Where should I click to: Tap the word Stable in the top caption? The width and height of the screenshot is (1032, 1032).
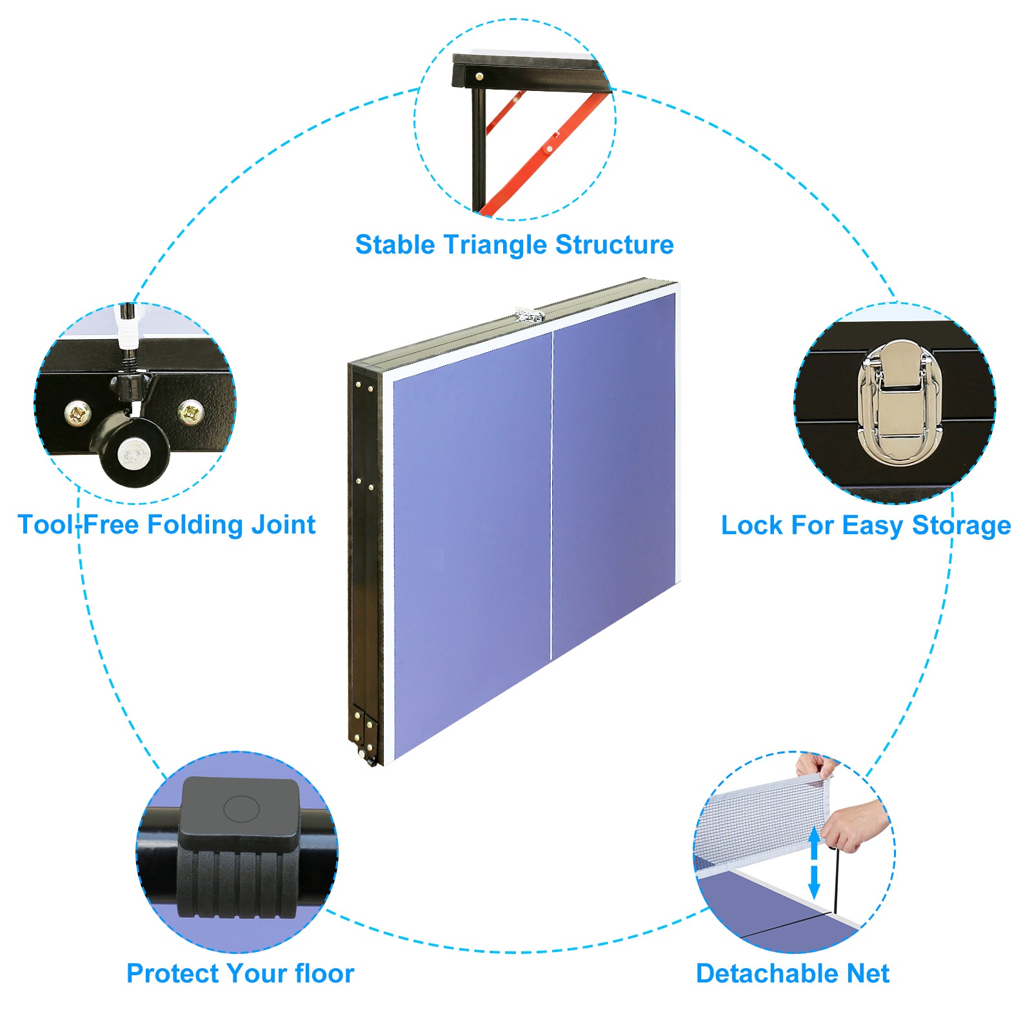pyautogui.click(x=394, y=245)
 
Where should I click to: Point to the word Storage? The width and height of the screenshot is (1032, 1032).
pyautogui.click(x=961, y=526)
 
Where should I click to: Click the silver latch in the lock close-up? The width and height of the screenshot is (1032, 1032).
pyautogui.click(x=899, y=403)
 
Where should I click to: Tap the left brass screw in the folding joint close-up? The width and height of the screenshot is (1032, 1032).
pyautogui.click(x=79, y=413)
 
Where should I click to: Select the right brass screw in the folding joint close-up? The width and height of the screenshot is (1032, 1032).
pyautogui.click(x=191, y=411)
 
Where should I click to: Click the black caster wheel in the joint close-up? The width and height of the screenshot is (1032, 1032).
pyautogui.click(x=132, y=451)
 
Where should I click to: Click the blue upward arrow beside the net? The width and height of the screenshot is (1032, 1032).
pyautogui.click(x=814, y=842)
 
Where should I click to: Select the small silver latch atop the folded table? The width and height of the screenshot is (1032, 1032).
pyautogui.click(x=529, y=315)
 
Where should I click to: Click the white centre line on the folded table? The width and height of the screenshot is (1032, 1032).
pyautogui.click(x=551, y=497)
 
